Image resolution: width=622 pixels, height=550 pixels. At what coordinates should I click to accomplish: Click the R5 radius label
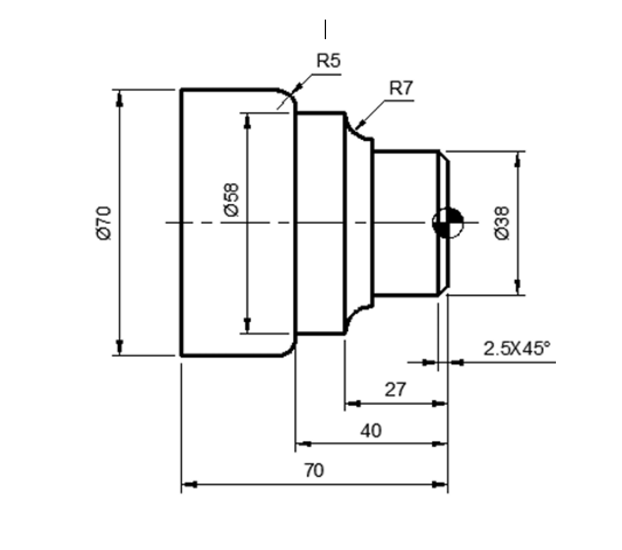pyautogui.click(x=328, y=61)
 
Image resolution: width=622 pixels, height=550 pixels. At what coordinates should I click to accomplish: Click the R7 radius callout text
pyautogui.click(x=401, y=89)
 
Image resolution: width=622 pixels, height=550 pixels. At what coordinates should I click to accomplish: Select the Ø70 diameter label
pyautogui.click(x=104, y=222)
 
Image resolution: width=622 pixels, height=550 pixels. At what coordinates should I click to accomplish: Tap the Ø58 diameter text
pyautogui.click(x=232, y=199)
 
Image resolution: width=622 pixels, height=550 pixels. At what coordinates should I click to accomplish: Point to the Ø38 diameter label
pyautogui.click(x=502, y=223)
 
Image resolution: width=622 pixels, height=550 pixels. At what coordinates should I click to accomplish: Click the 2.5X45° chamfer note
pyautogui.click(x=516, y=349)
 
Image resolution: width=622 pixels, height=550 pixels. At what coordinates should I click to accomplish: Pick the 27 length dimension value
pyautogui.click(x=395, y=389)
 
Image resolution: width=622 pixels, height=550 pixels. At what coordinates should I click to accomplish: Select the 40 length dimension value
pyautogui.click(x=371, y=431)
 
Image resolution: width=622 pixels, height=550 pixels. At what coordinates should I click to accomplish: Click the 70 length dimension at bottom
pyautogui.click(x=314, y=470)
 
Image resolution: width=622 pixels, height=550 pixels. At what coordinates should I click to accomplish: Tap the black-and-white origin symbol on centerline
pyautogui.click(x=448, y=223)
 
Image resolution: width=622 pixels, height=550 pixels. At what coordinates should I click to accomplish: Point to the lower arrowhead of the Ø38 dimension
pyautogui.click(x=518, y=287)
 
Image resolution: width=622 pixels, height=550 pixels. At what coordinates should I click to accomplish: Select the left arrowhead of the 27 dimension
pyautogui.click(x=352, y=403)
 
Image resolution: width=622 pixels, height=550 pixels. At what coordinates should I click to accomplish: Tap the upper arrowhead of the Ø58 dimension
pyautogui.click(x=247, y=121)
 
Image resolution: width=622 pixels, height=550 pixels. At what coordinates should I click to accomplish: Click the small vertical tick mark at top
pyautogui.click(x=325, y=29)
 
